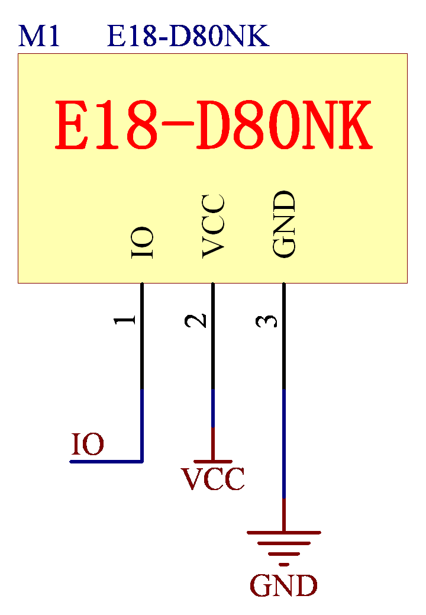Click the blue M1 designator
tap(39, 37)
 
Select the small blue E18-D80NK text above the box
tap(188, 37)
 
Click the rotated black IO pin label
tap(143, 243)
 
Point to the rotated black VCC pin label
tap(213, 226)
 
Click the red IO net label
tap(88, 445)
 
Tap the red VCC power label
tap(213, 479)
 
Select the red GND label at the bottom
tap(283, 586)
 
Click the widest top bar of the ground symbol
tap(284, 533)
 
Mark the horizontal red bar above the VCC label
tap(213, 461)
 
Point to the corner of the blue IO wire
tap(142, 461)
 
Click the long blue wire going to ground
tap(284, 444)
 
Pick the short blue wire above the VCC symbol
tap(213, 408)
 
